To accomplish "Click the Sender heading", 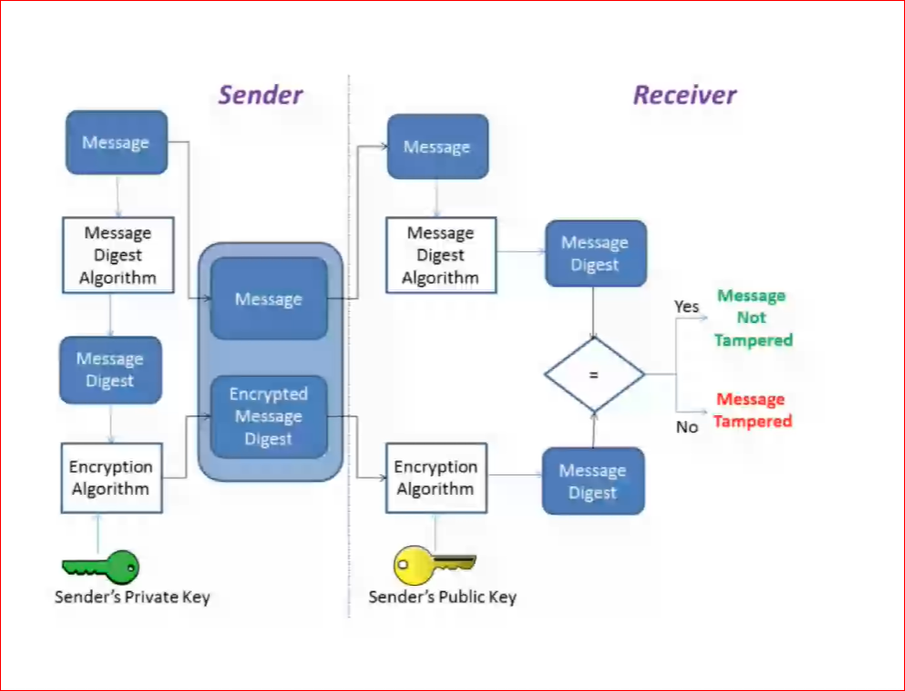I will tap(260, 95).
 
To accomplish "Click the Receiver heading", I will tap(684, 95).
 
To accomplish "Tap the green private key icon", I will tap(101, 567).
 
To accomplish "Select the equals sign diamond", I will tap(594, 375).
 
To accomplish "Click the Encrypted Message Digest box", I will tap(268, 417).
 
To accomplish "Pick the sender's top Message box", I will tap(116, 142).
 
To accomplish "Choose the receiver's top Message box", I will tap(437, 147).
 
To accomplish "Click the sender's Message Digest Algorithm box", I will tap(118, 255).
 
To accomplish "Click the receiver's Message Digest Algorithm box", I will tap(440, 255).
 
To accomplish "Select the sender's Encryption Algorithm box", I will tap(110, 478).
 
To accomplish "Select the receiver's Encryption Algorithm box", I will tap(435, 478).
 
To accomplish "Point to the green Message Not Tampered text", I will tap(752, 318).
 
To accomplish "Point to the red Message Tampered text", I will tap(753, 410).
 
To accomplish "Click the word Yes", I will tap(686, 306).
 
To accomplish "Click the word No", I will tap(687, 427).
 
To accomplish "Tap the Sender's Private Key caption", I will tap(132, 597).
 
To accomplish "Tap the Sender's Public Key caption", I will tap(442, 597).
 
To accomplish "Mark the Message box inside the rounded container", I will tap(268, 299).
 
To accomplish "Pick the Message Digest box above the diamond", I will tap(595, 253).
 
